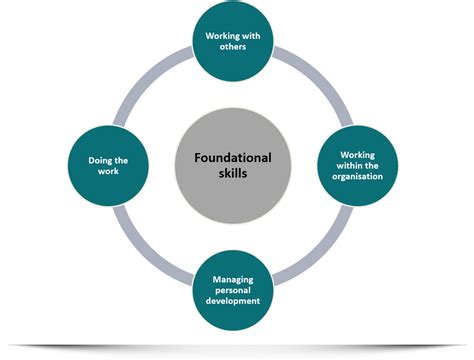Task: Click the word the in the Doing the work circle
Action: pos(122,157)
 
